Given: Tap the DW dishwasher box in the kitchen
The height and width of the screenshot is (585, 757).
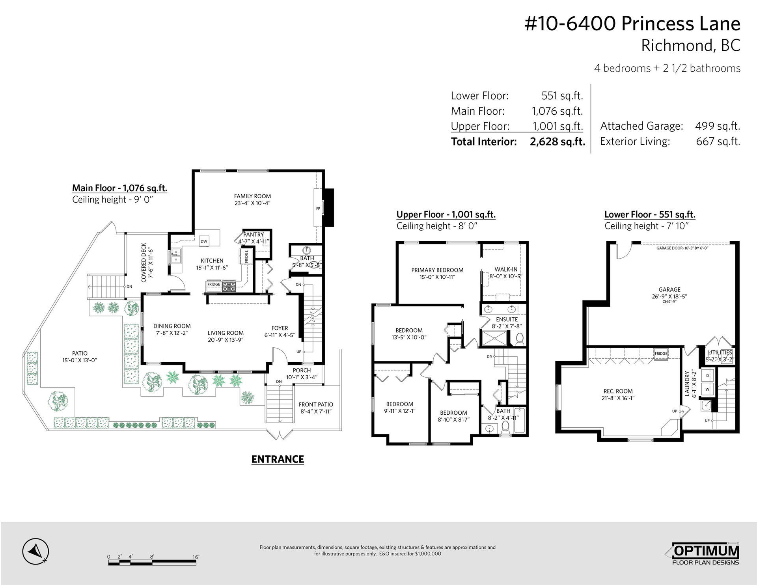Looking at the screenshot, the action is point(204,241).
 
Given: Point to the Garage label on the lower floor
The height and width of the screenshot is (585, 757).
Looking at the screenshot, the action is point(669,289).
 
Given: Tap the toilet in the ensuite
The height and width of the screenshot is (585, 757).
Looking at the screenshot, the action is point(520,339).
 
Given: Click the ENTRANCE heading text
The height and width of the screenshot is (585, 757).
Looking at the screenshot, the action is point(278,459).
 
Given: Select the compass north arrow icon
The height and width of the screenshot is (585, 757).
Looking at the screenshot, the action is point(35,551).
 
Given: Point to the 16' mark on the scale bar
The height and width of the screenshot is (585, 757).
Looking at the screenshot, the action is point(196,557).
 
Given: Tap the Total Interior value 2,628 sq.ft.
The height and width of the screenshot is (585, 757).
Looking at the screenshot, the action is point(557,142).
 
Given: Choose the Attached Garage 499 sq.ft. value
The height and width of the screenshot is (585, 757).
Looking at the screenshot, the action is point(718,126).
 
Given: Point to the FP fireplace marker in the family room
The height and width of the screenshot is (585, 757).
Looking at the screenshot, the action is point(318,209).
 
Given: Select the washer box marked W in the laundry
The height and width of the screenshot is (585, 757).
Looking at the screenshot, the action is point(707,389).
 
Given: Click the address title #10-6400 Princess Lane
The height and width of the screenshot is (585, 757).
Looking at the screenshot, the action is point(632,24).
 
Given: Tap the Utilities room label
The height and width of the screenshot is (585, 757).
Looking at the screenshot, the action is point(720,352).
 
